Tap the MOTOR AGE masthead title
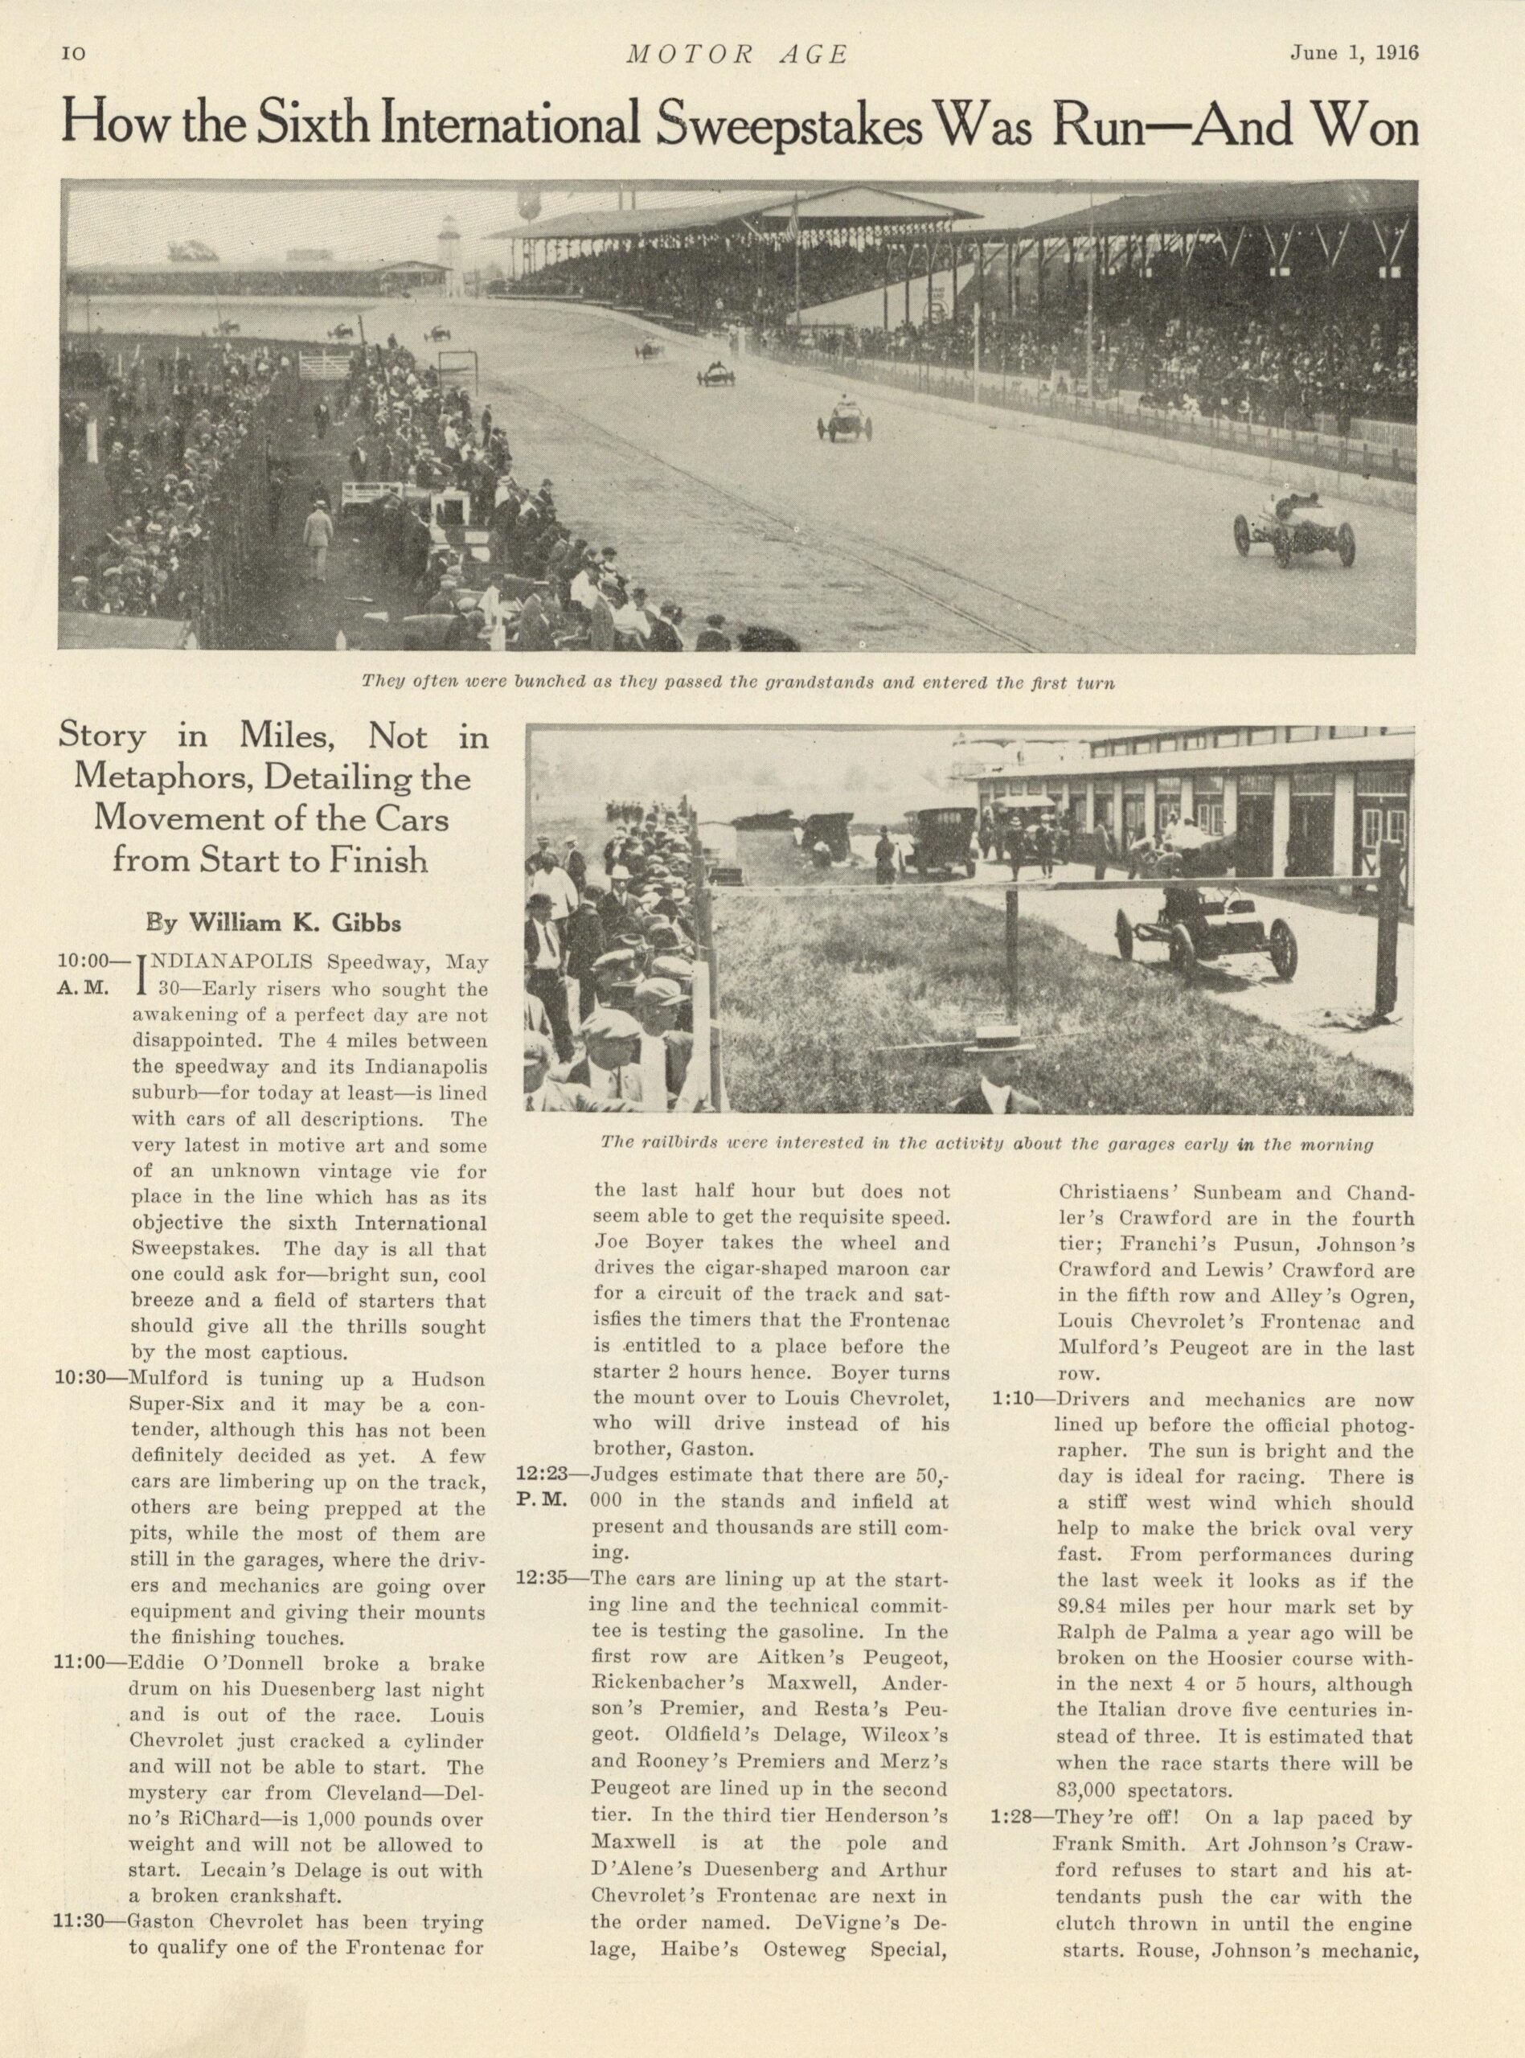click(736, 55)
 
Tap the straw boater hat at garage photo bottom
click(997, 1037)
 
